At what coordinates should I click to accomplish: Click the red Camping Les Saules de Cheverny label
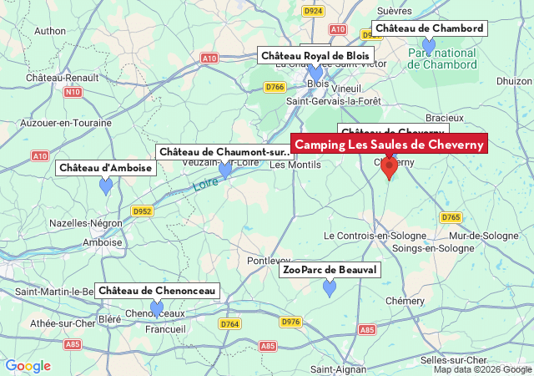(x=389, y=145)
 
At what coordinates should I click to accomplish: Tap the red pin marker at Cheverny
(x=389, y=167)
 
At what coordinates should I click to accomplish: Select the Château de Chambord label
(x=429, y=28)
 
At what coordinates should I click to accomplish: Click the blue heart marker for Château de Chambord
(x=429, y=45)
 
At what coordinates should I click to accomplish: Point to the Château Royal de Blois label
(x=315, y=56)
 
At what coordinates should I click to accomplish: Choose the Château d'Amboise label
(x=106, y=168)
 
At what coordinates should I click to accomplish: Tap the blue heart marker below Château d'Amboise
(x=106, y=186)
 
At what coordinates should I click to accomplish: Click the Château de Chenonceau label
(x=157, y=290)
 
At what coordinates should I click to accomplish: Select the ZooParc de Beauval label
(x=330, y=270)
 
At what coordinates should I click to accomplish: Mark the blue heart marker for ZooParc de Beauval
(x=330, y=288)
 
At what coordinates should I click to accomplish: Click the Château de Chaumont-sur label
(x=224, y=151)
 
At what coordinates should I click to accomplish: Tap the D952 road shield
(x=142, y=211)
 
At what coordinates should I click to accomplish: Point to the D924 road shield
(x=313, y=11)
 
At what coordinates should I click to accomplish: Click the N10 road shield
(x=73, y=92)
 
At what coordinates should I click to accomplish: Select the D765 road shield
(x=451, y=217)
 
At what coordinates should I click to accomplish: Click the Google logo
(x=28, y=366)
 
